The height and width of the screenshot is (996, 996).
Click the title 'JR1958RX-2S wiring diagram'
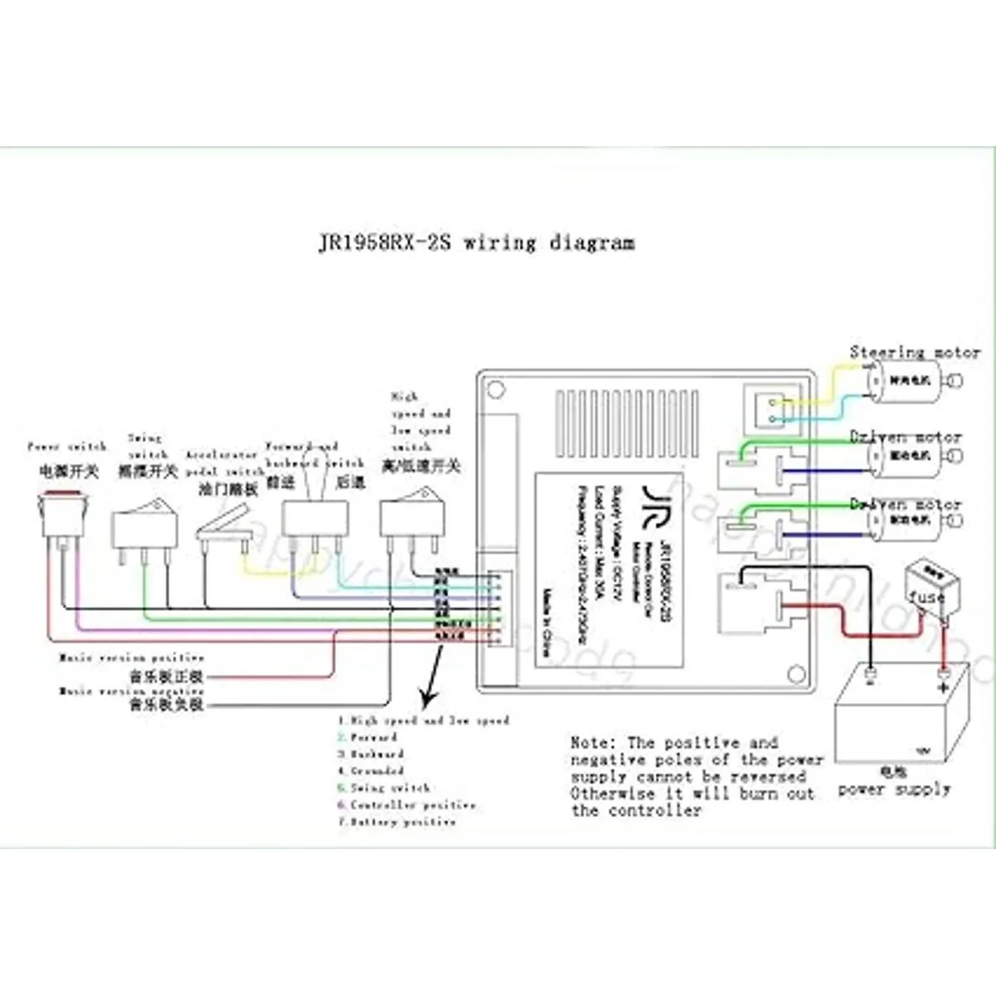(476, 243)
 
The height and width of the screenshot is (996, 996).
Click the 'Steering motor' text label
(915, 353)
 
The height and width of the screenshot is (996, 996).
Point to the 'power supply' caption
(894, 789)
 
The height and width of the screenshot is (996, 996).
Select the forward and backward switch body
(316, 519)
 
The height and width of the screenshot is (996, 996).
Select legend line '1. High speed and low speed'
(423, 720)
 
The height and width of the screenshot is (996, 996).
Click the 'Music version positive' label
(131, 658)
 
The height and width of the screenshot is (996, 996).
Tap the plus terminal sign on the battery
(943, 688)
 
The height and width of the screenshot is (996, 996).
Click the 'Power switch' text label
(67, 447)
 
